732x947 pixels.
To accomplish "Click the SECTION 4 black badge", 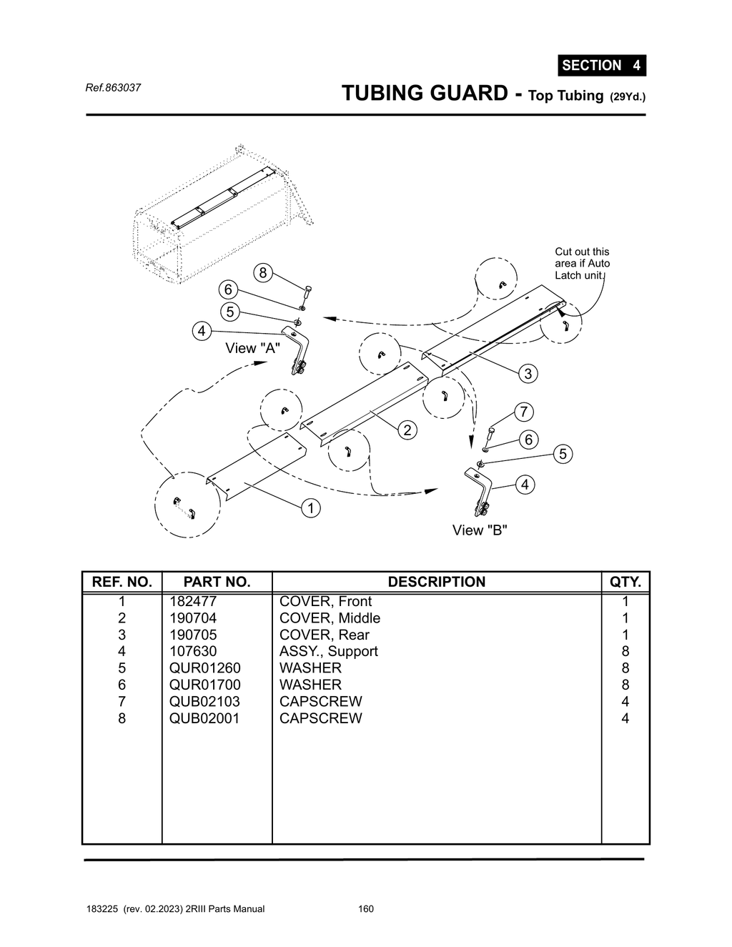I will click(x=601, y=65).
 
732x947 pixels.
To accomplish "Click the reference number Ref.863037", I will click(x=113, y=88).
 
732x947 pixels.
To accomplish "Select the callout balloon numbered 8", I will click(x=263, y=272).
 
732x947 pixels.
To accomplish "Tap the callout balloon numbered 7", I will click(x=524, y=412).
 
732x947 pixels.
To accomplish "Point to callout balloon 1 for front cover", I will click(x=310, y=508).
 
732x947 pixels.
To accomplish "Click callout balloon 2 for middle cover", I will click(x=407, y=430).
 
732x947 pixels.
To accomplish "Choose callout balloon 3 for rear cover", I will click(x=528, y=373).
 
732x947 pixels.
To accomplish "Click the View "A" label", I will click(x=252, y=348).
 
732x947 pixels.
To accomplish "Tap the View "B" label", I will click(x=480, y=530).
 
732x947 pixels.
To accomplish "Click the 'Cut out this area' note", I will click(x=582, y=263).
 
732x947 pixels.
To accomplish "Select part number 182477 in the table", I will click(x=192, y=601).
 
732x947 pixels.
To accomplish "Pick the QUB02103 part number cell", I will click(x=204, y=701).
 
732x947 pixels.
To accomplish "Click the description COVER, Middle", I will click(x=330, y=618).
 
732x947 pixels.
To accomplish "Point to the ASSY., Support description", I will click(x=328, y=651).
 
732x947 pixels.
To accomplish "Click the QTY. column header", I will click(x=625, y=582).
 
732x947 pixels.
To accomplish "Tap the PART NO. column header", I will click(x=217, y=582).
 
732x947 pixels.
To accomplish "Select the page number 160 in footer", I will click(x=365, y=909).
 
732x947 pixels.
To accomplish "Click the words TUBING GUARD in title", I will click(x=425, y=93).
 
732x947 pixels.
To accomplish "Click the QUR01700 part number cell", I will click(x=204, y=685).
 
